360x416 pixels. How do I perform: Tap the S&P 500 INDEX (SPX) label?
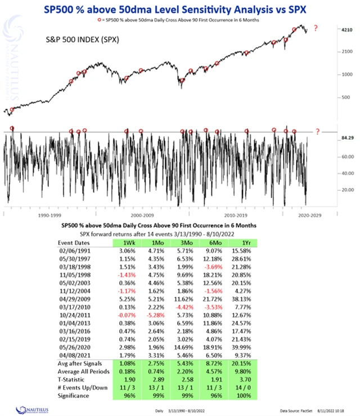pyautogui.click(x=82, y=41)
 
